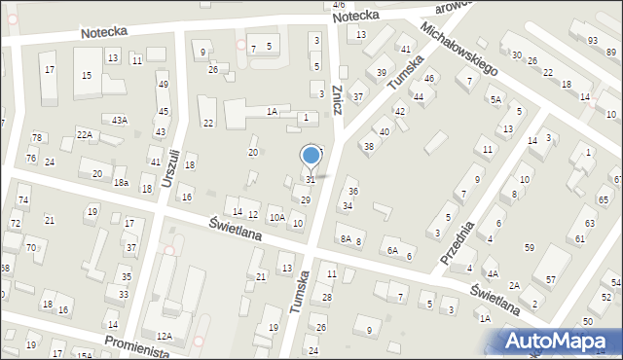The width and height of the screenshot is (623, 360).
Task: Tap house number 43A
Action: [x=119, y=120]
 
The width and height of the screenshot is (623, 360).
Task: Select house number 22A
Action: [x=85, y=134]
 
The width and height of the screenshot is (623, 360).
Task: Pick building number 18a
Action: [x=121, y=183]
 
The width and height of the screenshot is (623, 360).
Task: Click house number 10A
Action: [x=277, y=217]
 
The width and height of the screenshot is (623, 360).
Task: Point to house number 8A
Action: [x=346, y=238]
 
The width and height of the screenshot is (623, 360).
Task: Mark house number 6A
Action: [x=392, y=250]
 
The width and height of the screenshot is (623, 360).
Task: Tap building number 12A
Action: [x=165, y=336]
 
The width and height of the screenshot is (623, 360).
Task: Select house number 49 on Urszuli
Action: [x=163, y=85]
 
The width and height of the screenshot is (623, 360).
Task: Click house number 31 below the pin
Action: [x=311, y=179]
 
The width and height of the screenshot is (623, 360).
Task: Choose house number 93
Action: [x=593, y=40]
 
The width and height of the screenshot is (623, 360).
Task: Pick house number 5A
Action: [x=495, y=99]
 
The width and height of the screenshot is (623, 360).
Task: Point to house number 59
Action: [x=530, y=247]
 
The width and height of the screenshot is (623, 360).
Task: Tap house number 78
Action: [x=36, y=138]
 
